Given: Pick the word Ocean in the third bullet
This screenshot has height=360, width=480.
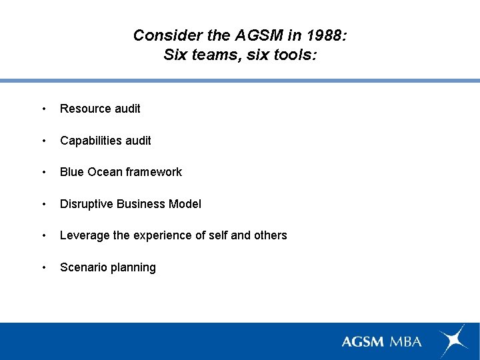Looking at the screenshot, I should point(102,172).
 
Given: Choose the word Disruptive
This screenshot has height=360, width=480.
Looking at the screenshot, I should point(87,204).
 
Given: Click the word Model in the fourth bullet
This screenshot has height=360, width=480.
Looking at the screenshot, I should point(185,204).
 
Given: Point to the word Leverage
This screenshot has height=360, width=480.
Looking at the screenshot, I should point(83,235).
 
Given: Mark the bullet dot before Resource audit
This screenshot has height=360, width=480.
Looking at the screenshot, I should point(43,109).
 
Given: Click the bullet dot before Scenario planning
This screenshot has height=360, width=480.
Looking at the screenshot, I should point(43,267).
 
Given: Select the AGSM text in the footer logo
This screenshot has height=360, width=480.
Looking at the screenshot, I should point(363,341).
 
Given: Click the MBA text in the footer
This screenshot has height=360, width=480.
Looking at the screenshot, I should point(405,341).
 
